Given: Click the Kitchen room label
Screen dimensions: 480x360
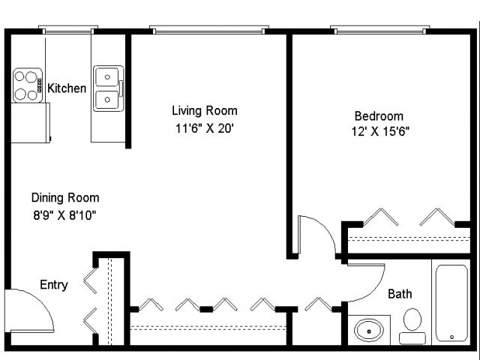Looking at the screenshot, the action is [67, 88].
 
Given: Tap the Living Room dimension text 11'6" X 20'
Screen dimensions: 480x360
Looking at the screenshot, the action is [205, 128].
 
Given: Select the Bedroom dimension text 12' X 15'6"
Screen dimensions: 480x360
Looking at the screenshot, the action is [380, 131].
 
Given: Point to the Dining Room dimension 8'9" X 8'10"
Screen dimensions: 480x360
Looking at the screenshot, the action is [64, 215].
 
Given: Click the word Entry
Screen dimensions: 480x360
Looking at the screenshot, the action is [54, 285].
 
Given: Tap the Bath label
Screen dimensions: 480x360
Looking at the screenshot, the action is [400, 294].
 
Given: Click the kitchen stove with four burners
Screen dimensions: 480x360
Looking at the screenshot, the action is [28, 85].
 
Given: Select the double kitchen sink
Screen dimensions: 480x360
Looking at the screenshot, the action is [108, 88].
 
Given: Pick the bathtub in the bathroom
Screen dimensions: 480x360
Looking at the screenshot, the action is [451, 303].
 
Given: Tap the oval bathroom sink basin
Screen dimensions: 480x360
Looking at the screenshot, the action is [369, 331].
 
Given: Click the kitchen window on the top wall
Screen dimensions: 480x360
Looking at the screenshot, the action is [68, 30].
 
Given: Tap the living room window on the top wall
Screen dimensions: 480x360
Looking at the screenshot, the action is [209, 30].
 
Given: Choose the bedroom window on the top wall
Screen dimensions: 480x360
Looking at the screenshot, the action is [380, 30].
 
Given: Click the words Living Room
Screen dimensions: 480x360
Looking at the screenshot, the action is [205, 110].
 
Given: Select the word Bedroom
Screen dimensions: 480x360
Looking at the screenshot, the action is [379, 116].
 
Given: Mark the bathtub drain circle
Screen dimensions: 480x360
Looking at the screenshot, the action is [451, 337].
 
